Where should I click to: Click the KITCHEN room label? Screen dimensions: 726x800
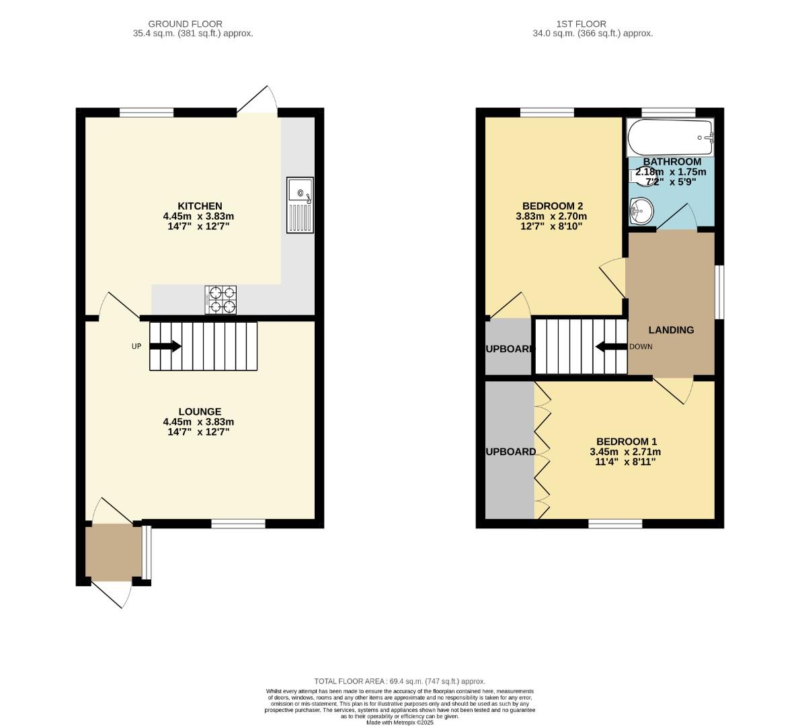(199, 206)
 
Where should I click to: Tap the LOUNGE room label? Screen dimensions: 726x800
(199, 411)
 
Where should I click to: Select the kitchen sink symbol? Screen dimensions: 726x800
(300, 205)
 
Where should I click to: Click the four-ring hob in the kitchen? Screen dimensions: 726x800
(221, 300)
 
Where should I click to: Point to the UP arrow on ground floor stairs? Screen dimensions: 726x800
(165, 346)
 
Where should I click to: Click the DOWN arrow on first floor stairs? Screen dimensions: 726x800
(610, 347)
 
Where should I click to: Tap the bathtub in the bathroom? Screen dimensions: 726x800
(670, 137)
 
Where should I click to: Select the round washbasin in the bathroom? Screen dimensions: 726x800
(641, 210)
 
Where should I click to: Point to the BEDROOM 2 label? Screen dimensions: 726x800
(552, 206)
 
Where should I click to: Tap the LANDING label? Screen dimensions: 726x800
(670, 329)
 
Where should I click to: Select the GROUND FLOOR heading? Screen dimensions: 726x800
(185, 24)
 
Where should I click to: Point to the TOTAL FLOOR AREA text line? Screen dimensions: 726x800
(399, 681)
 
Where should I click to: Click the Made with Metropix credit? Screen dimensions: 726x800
(399, 723)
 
